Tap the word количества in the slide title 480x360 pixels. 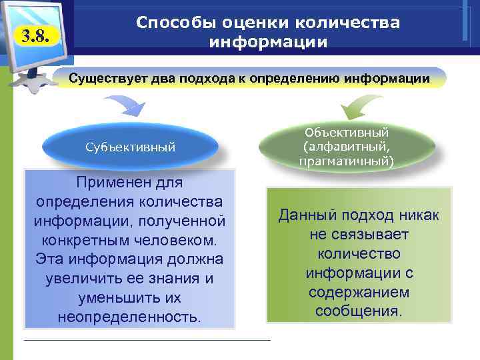pyautogui.click(x=347, y=23)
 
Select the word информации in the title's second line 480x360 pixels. pyautogui.click(x=268, y=42)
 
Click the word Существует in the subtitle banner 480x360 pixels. pyautogui.click(x=108, y=79)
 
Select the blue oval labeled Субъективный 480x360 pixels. pyautogui.click(x=131, y=147)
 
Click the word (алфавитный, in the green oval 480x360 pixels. pyautogui.click(x=347, y=147)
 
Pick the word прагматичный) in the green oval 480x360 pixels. pyautogui.click(x=347, y=161)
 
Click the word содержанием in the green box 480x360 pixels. pyautogui.click(x=359, y=293)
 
